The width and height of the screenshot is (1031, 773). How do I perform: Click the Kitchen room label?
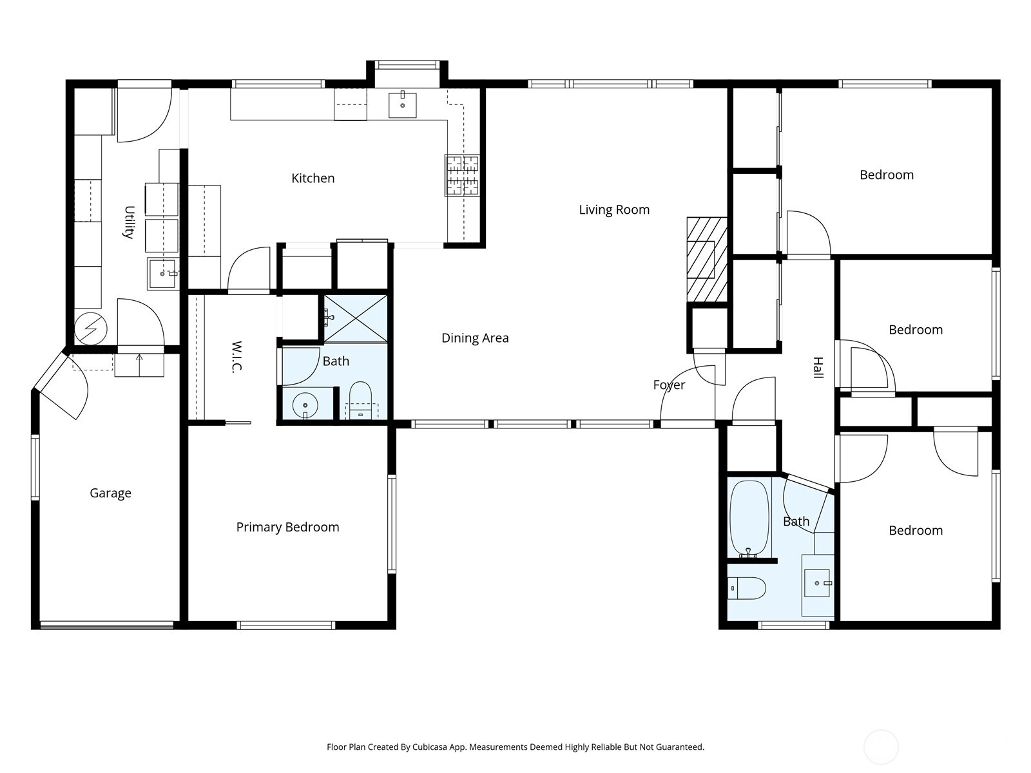(313, 178)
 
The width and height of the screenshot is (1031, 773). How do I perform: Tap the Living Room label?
(614, 210)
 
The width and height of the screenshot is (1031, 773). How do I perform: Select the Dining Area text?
(475, 338)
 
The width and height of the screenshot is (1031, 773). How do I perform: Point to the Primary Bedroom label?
(287, 527)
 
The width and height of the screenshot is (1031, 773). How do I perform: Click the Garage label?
(110, 493)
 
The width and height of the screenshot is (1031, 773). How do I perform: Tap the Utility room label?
(129, 222)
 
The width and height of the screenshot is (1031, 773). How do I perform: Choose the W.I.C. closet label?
(237, 357)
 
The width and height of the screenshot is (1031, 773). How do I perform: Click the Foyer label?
(669, 385)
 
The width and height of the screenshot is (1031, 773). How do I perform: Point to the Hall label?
(818, 367)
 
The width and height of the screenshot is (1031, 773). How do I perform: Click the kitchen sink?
(403, 105)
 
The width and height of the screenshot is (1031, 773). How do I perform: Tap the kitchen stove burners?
(463, 175)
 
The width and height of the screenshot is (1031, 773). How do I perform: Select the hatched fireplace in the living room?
(707, 260)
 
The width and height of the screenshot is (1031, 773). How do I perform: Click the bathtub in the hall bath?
(749, 519)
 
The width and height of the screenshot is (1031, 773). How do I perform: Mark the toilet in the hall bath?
(747, 588)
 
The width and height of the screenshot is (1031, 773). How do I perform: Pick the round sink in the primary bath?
(305, 405)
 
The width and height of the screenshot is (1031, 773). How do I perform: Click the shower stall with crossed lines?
(356, 318)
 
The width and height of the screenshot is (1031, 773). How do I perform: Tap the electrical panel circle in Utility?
(91, 329)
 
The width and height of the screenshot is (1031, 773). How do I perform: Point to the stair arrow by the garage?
(139, 365)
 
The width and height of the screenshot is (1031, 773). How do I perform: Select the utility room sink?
(162, 274)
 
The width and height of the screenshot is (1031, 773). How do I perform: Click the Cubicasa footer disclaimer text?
(515, 747)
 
